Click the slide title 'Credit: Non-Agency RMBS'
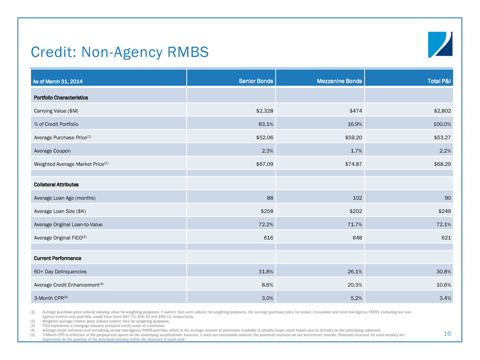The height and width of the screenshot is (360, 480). (120, 52)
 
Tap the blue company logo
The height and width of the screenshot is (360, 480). (440, 44)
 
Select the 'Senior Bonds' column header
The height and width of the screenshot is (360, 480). (255, 82)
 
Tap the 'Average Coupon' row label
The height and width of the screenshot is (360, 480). (50, 151)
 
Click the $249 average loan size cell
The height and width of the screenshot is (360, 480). (441, 210)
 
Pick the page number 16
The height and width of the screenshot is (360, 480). (447, 334)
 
